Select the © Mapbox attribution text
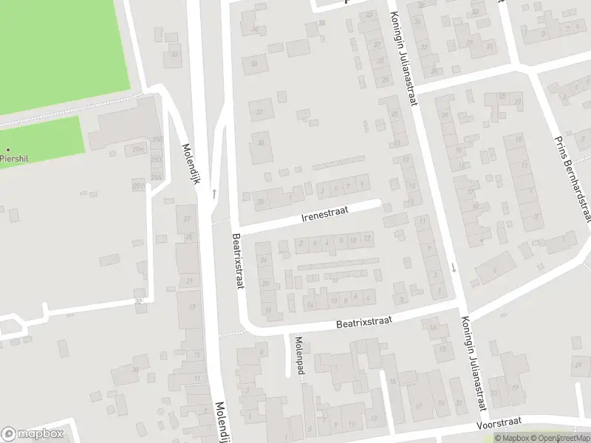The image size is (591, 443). [x=510, y=439]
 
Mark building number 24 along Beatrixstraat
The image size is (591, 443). [x=264, y=258]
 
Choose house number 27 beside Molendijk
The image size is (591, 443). [x=187, y=219]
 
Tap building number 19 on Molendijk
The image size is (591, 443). [x=193, y=306]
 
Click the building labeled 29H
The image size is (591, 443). [x=137, y=150]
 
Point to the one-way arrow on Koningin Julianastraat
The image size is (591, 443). [x=454, y=267]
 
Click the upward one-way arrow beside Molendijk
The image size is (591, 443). [x=213, y=193]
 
